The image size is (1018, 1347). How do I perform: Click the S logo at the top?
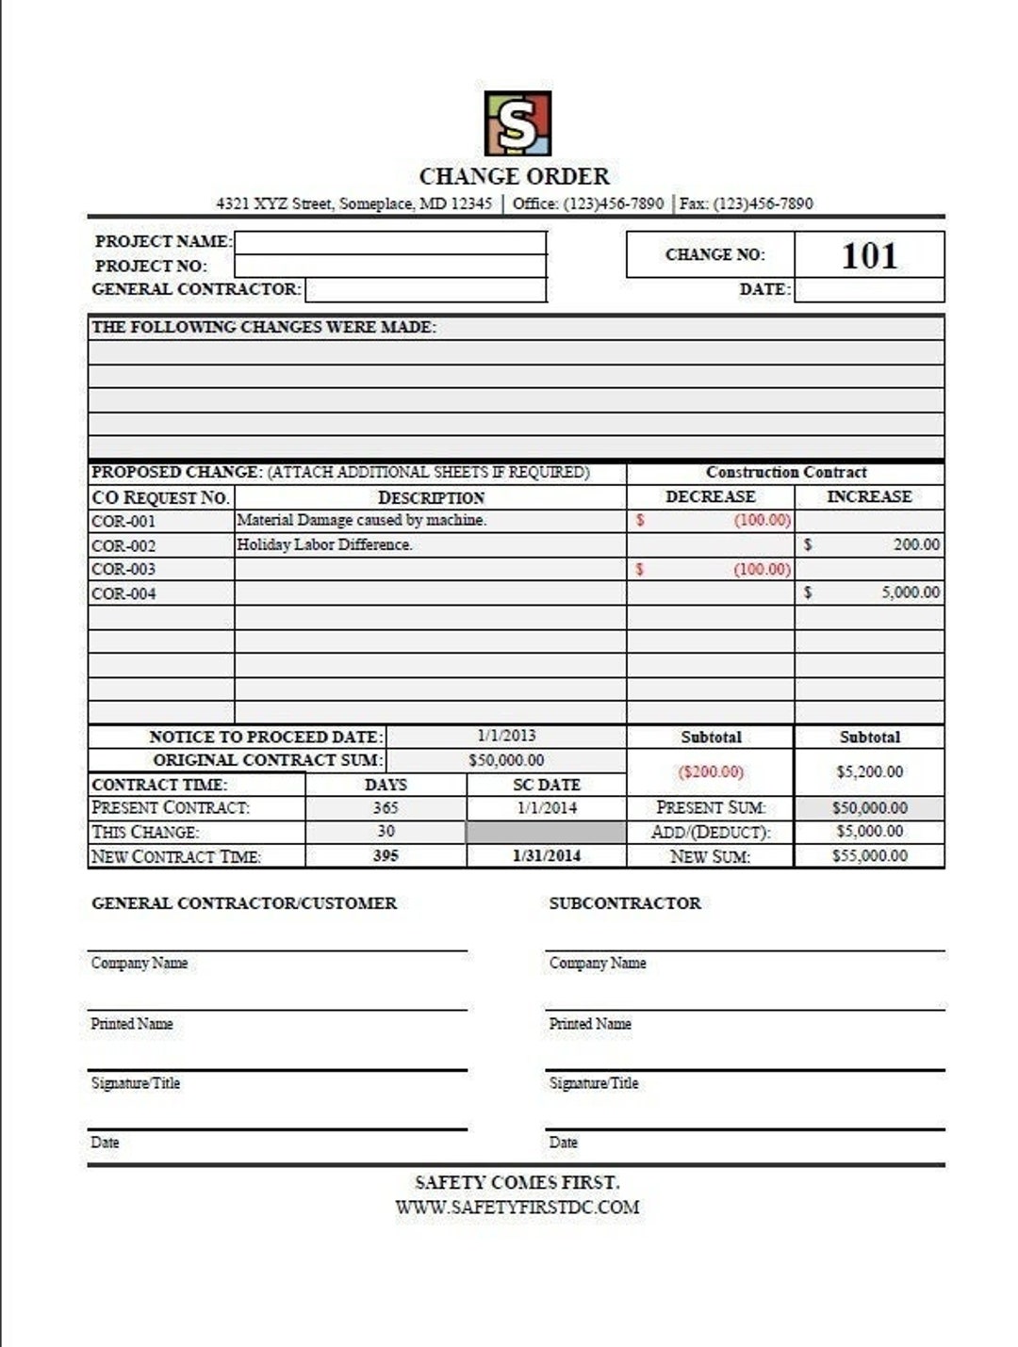pos(517,123)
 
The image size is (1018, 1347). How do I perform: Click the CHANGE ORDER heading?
pos(514,176)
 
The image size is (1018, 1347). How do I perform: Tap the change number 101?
pos(868,255)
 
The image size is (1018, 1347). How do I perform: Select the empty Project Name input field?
pos(390,242)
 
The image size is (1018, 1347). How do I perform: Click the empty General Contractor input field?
pos(426,290)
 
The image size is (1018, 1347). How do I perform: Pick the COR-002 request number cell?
pos(123,545)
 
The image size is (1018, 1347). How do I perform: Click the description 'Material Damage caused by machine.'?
pos(361,520)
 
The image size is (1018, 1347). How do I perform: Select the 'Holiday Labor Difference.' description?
pos(324,544)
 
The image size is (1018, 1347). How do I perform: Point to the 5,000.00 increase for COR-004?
pos(910,592)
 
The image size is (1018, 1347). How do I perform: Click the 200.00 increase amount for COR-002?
pos(916,544)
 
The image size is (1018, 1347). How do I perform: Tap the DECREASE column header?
pos(710,496)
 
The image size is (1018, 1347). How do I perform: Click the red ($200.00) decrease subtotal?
pos(710,771)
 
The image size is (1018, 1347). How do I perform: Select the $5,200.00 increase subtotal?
pos(869,771)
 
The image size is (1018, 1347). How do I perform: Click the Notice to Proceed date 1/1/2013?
pos(506,736)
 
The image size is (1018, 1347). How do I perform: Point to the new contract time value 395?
pos(386,855)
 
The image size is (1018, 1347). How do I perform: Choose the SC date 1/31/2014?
pos(546,855)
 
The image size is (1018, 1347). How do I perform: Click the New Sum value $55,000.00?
pos(869,855)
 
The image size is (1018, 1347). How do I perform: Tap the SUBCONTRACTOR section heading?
pos(624,902)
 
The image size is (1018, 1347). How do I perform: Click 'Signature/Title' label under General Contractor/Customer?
pos(135,1083)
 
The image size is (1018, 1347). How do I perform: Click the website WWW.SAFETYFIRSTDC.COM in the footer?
pos(517,1207)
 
